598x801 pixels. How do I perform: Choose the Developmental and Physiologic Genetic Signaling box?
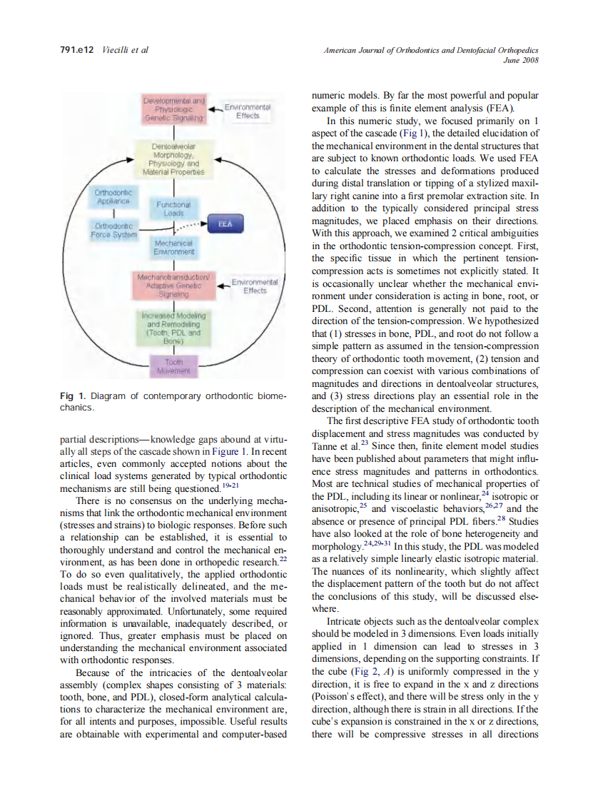tap(175, 110)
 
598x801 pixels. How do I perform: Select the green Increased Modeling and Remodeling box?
tap(173, 328)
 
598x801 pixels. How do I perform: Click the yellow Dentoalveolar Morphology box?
tap(174, 159)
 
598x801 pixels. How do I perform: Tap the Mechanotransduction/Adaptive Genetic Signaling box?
tap(174, 284)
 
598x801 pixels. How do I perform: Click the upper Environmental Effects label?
tap(247, 111)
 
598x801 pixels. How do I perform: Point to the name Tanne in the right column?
tap(325, 447)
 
